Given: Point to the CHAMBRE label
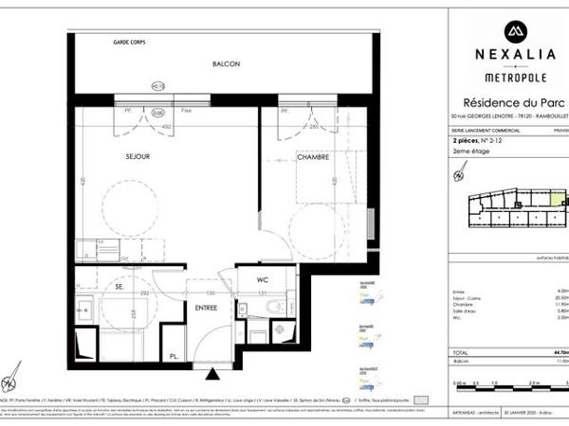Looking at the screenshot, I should click(312, 157).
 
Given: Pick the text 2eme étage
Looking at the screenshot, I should click(471, 151).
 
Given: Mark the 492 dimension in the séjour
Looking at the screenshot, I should click(162, 124).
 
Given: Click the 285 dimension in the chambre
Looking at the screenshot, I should click(312, 124).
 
